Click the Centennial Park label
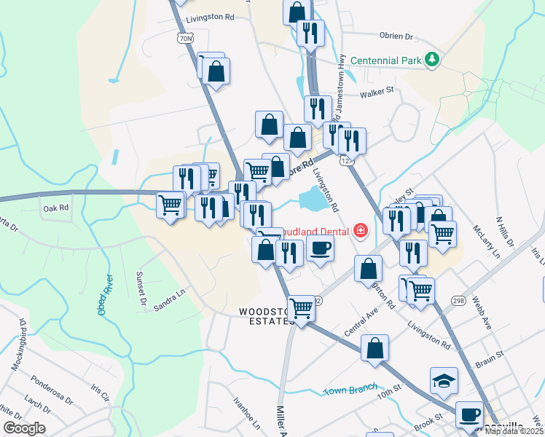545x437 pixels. [x=386, y=60]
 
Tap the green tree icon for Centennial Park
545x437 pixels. [x=433, y=59]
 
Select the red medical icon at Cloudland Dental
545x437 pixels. [x=359, y=231]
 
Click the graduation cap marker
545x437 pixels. [x=444, y=380]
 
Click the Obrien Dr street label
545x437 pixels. [x=396, y=36]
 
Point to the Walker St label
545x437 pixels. [x=377, y=91]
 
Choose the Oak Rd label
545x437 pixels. [x=55, y=208]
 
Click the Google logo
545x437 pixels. [x=23, y=428]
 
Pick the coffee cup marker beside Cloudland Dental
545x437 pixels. [x=320, y=249]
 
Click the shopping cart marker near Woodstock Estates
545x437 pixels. [x=301, y=309]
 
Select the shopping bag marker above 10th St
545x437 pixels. [x=375, y=347]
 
